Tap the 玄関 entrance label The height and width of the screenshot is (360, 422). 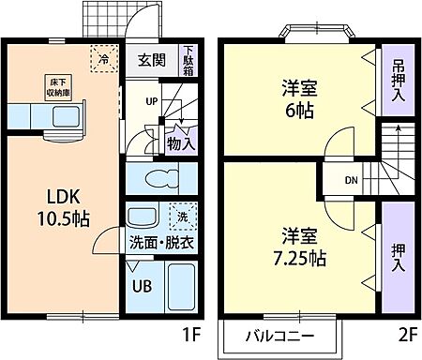point(151,61)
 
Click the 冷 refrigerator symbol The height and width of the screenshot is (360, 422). point(104,57)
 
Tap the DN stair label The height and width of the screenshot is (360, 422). point(351,179)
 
